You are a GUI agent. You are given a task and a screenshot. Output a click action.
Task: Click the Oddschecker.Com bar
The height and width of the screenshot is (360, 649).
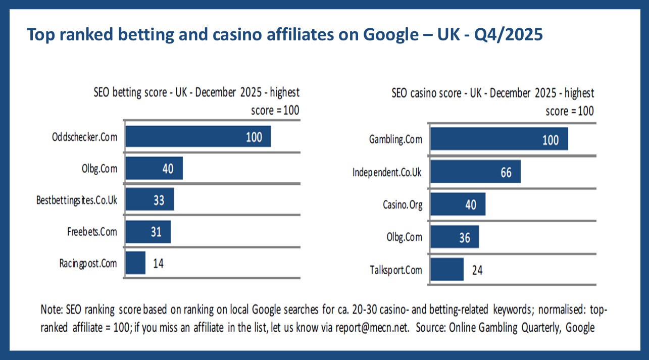click(198, 136)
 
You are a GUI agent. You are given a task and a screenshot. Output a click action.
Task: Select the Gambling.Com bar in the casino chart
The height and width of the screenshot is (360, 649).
click(499, 139)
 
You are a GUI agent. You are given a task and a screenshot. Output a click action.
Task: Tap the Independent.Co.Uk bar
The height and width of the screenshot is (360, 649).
click(475, 172)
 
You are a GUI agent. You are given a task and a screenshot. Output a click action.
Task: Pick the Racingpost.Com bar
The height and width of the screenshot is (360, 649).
click(135, 263)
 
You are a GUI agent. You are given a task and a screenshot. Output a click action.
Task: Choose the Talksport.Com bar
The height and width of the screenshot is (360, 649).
click(447, 270)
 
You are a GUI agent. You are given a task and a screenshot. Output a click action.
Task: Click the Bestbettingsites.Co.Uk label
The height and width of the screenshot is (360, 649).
click(77, 200)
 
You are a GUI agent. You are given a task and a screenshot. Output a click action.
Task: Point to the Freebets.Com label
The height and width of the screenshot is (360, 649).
click(92, 232)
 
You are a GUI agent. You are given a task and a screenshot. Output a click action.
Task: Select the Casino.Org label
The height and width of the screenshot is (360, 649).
click(403, 205)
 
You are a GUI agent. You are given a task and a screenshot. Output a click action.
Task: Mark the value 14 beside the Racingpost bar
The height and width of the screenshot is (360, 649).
click(158, 263)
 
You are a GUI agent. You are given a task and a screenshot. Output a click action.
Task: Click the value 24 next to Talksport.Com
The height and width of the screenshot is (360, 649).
click(476, 270)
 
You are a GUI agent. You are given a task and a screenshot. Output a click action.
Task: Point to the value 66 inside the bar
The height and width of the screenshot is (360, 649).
click(506, 173)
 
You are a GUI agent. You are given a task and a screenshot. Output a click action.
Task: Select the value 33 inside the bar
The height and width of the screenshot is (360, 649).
click(159, 200)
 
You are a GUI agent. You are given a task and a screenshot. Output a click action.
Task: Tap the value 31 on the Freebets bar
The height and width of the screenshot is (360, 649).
click(156, 232)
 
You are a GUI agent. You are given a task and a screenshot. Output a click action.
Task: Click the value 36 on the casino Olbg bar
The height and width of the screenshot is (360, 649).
click(465, 237)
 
